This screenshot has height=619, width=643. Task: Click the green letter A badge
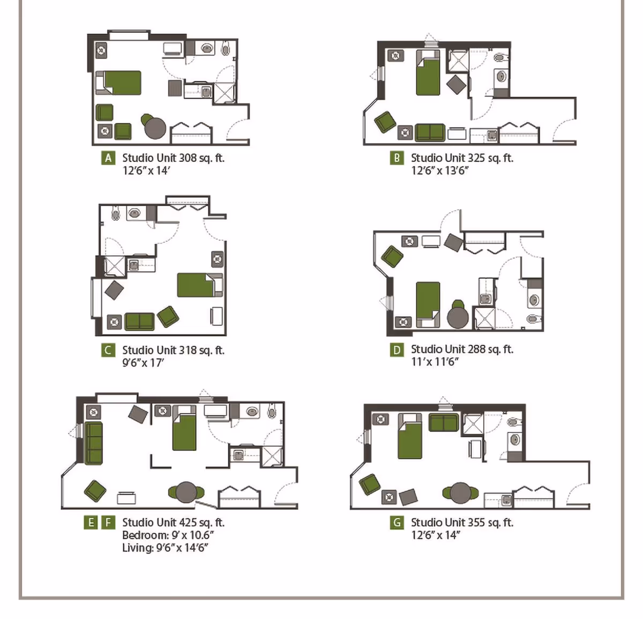[x=108, y=158]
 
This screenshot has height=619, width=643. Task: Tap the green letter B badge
[x=397, y=158]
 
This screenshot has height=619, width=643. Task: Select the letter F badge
[x=109, y=523]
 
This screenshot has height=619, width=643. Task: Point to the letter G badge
[x=397, y=523]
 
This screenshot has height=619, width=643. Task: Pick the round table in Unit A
[x=155, y=128]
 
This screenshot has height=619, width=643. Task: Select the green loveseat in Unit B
[x=430, y=132]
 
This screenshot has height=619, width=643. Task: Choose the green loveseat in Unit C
[x=139, y=322]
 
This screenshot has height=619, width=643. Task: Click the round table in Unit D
[x=458, y=317]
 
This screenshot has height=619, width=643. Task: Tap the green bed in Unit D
[x=428, y=303]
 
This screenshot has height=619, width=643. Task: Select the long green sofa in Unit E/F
[x=93, y=443]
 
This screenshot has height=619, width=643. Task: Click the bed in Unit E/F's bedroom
[x=184, y=432]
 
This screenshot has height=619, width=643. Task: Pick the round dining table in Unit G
[x=460, y=493]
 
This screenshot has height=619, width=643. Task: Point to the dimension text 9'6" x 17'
[x=143, y=363]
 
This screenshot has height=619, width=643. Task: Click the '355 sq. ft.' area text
[x=491, y=523]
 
